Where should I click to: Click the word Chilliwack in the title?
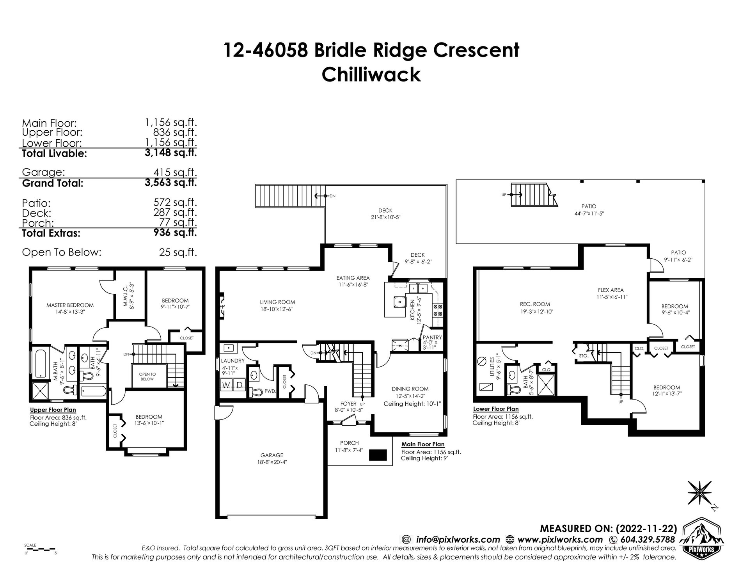371,75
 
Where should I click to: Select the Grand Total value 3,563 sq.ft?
170,183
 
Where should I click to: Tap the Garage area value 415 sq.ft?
176,172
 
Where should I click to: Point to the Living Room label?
277,302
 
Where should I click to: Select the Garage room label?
272,455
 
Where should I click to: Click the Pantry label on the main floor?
432,337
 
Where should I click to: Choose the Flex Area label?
611,290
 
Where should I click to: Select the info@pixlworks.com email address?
458,540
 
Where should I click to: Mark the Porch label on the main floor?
349,443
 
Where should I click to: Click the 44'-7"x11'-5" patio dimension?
589,213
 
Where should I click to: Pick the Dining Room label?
410,389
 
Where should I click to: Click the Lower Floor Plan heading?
496,409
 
